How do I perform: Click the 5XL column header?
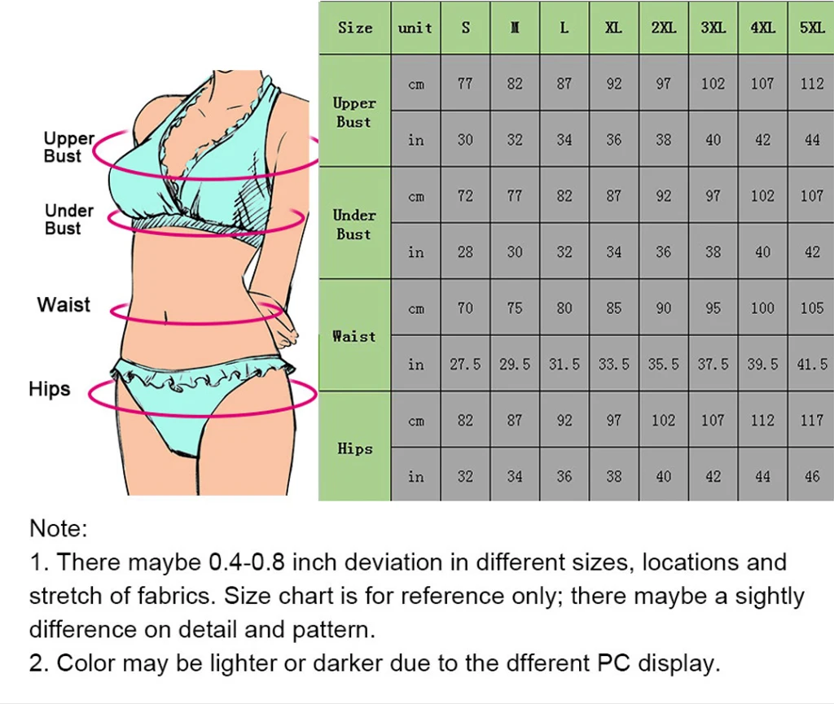click(x=811, y=28)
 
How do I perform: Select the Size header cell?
click(x=355, y=28)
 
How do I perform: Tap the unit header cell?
click(x=415, y=28)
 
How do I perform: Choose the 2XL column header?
click(x=664, y=28)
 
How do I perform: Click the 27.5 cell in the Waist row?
click(x=465, y=365)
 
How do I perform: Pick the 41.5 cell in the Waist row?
click(x=811, y=365)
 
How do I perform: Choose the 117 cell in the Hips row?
click(x=811, y=421)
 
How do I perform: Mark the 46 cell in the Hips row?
click(x=811, y=477)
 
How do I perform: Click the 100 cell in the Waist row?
click(x=762, y=308)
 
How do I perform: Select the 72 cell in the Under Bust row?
click(x=465, y=196)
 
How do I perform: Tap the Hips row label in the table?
click(x=354, y=448)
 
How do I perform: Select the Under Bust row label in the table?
click(x=354, y=225)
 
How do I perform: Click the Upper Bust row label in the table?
click(x=354, y=112)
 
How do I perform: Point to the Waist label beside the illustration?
click(x=64, y=305)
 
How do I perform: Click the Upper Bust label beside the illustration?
click(x=68, y=147)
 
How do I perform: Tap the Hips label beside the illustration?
click(x=50, y=389)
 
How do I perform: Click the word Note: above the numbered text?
click(x=58, y=529)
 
